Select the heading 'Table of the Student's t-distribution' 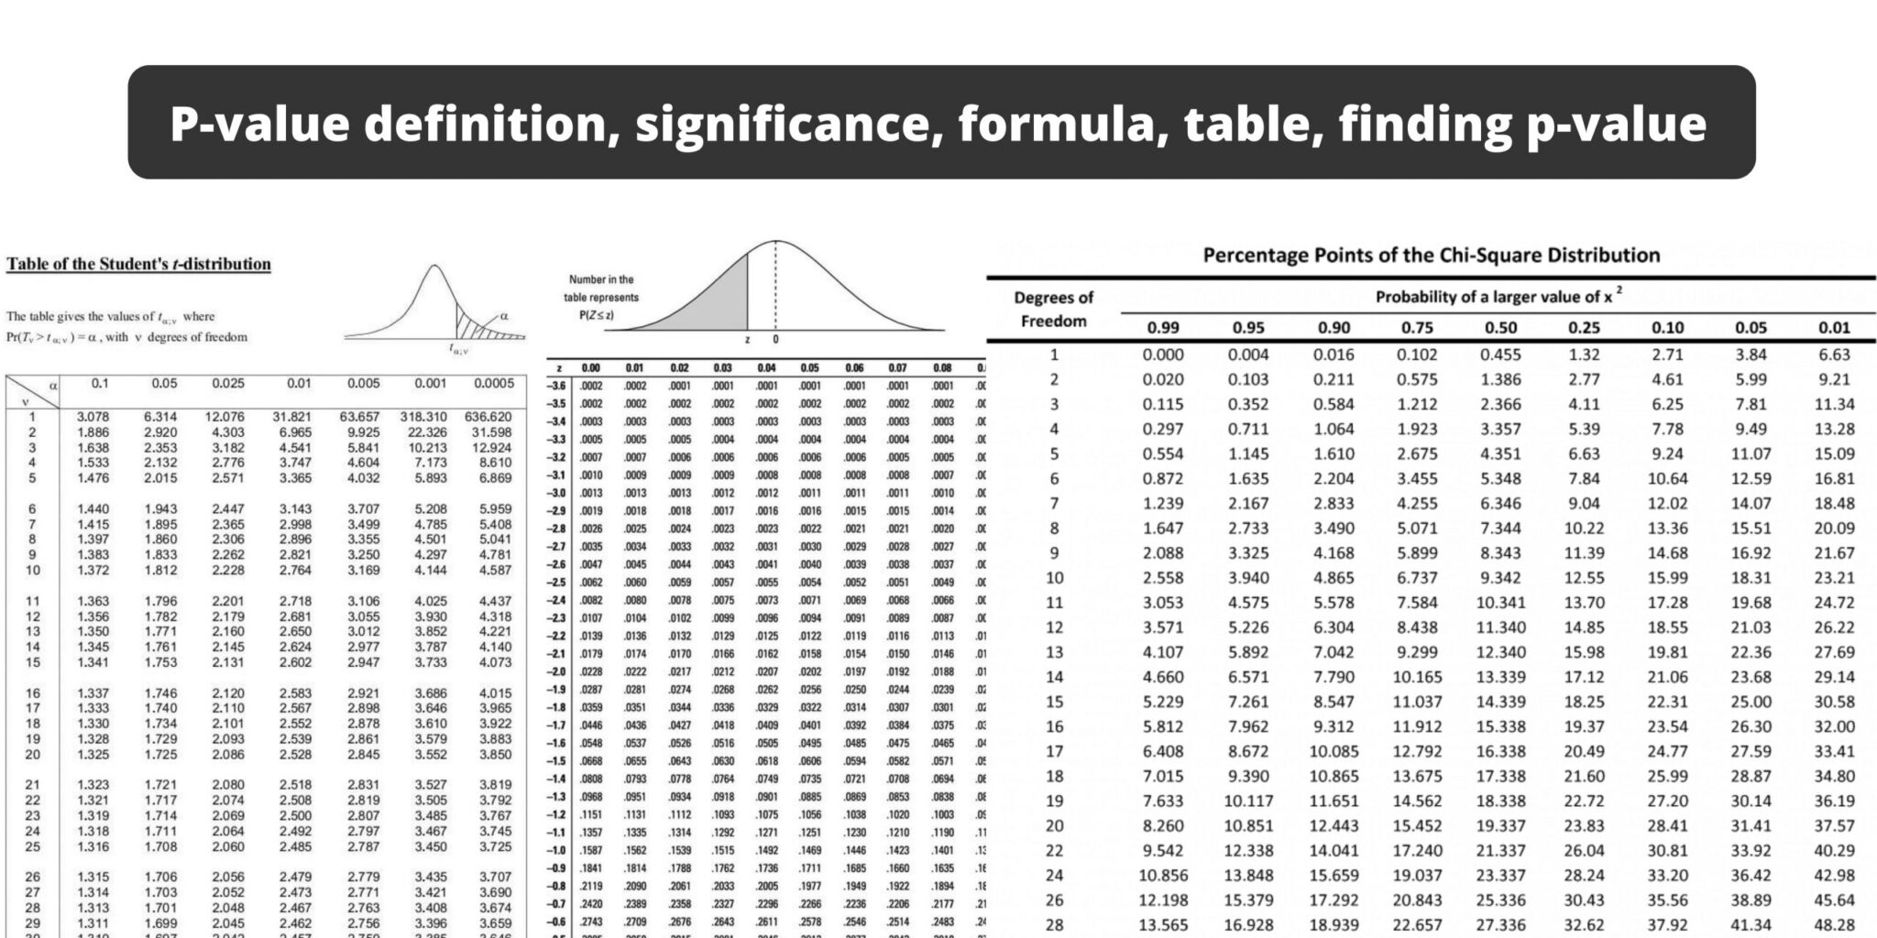(x=138, y=264)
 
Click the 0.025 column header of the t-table (x=228, y=384)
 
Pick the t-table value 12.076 (x=225, y=416)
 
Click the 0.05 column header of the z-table (x=810, y=368)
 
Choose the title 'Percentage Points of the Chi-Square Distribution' (x=1431, y=255)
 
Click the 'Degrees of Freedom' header (x=1054, y=309)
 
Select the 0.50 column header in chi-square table (x=1499, y=327)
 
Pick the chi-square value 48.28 (x=1834, y=925)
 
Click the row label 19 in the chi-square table (x=1055, y=801)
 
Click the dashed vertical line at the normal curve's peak (x=776, y=284)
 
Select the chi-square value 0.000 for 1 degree (x=1163, y=354)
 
